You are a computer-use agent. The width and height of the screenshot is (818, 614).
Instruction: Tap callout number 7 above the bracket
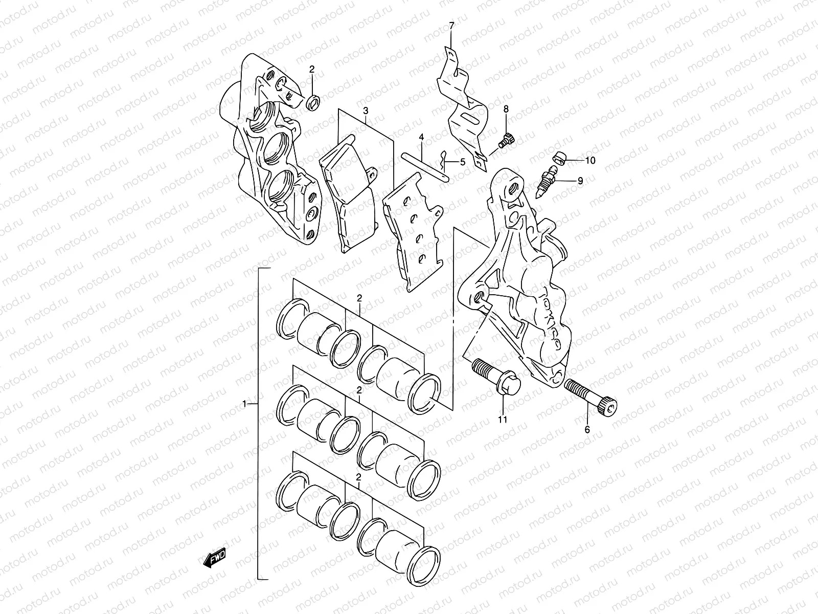click(x=451, y=26)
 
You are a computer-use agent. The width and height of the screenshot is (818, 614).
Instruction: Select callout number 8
click(x=506, y=109)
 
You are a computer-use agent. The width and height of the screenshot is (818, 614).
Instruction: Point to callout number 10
click(x=590, y=160)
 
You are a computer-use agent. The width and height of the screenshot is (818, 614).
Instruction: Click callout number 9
click(x=580, y=181)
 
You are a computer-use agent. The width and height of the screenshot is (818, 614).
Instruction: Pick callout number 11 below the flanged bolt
click(x=503, y=420)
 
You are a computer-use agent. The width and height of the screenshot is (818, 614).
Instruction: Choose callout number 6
click(x=587, y=429)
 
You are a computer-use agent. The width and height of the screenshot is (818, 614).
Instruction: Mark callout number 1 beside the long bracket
click(x=244, y=404)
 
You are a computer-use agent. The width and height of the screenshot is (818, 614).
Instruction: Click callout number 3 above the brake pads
click(x=366, y=111)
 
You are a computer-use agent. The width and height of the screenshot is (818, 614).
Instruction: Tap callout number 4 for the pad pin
click(x=421, y=137)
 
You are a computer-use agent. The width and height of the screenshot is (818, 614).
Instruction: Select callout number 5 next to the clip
click(x=463, y=162)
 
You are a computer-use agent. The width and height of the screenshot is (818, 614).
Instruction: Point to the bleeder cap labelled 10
click(x=559, y=159)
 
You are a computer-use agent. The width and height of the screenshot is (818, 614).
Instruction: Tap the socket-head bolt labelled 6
click(x=590, y=398)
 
